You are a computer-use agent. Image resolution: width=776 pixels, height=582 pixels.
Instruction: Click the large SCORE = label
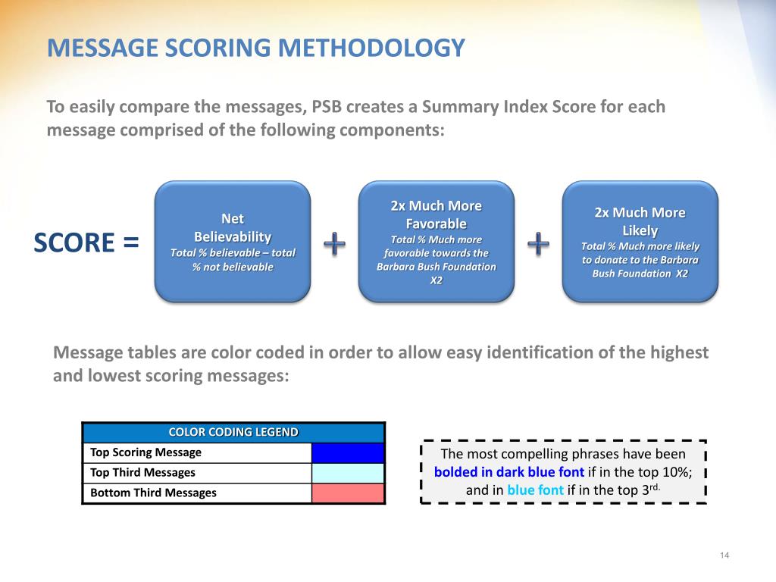tap(86, 243)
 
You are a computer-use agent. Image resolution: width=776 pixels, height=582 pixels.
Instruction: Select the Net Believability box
tap(233, 242)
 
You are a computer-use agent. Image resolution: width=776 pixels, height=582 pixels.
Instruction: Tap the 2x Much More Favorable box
tap(436, 242)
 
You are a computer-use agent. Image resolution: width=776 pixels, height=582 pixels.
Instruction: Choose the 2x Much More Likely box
tap(640, 242)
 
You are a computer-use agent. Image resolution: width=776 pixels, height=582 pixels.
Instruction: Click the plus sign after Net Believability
tap(334, 243)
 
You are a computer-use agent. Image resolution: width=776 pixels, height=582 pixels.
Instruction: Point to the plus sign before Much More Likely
tap(538, 243)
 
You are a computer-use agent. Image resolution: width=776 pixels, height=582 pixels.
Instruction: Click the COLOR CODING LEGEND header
tap(233, 432)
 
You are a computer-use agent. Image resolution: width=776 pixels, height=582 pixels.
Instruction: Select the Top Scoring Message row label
tap(145, 452)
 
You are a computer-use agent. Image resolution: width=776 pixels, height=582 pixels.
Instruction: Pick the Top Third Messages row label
tap(142, 472)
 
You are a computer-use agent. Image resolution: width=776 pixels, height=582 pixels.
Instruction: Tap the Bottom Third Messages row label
tap(153, 493)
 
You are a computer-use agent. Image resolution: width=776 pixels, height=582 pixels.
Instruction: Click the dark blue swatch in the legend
tap(348, 452)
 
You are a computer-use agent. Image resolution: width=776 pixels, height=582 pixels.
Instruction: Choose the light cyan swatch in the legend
tap(348, 473)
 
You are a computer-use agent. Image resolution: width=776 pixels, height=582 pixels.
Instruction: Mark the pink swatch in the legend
tap(348, 493)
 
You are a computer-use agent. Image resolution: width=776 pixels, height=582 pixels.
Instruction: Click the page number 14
tap(724, 557)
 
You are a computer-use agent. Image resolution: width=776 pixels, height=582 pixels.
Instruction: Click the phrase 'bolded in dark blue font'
tap(508, 471)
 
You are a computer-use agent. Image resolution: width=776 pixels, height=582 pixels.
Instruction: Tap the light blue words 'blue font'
tap(535, 490)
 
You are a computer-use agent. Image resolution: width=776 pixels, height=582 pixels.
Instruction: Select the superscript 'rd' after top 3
tap(656, 487)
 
